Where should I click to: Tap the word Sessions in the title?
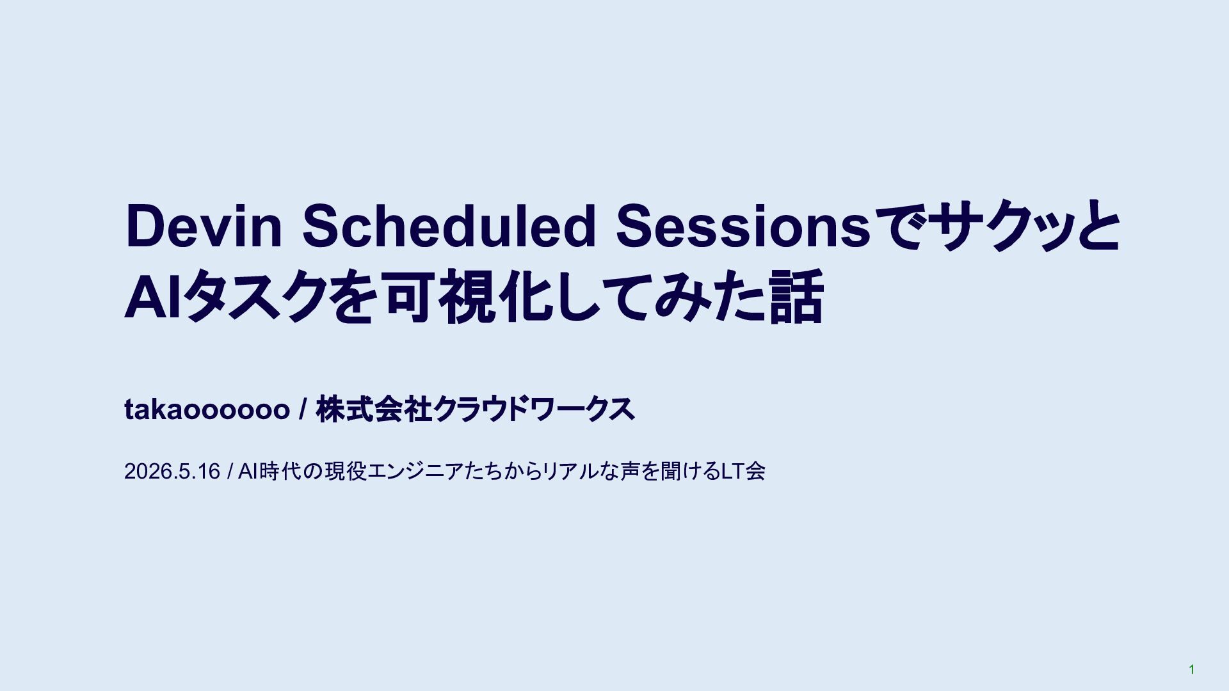pos(743,226)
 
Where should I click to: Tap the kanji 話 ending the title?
pos(796,297)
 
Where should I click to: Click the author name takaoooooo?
pos(207,409)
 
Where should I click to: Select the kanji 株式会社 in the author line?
pos(374,409)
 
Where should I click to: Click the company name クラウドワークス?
pos(534,409)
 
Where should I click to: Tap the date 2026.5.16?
pos(172,472)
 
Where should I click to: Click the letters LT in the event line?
pos(733,472)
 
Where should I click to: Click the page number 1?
pos(1191,669)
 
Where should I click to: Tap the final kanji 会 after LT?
pos(755,472)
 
